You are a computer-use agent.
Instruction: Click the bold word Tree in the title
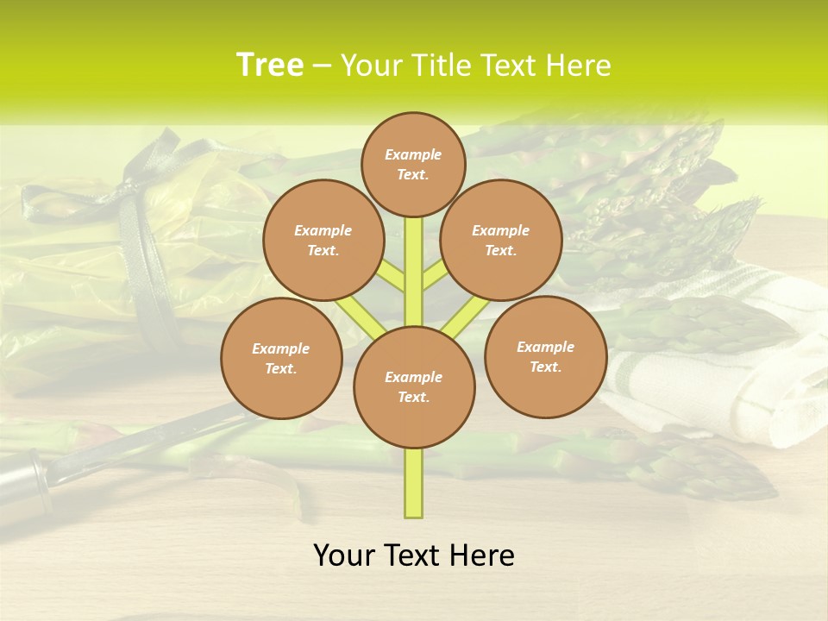[x=270, y=66]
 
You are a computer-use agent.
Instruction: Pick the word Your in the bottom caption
[x=345, y=555]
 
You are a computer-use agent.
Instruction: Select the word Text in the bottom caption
[x=412, y=555]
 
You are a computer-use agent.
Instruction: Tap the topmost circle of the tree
[x=413, y=164]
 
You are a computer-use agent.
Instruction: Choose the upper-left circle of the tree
[x=323, y=240]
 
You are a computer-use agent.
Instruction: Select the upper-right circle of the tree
[x=501, y=240]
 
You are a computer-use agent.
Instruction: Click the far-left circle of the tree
[x=281, y=358]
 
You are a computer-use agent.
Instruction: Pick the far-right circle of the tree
[x=545, y=356]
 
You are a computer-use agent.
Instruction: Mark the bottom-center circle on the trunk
[x=414, y=387]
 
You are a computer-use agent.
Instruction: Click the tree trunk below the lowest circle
[x=414, y=483]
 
